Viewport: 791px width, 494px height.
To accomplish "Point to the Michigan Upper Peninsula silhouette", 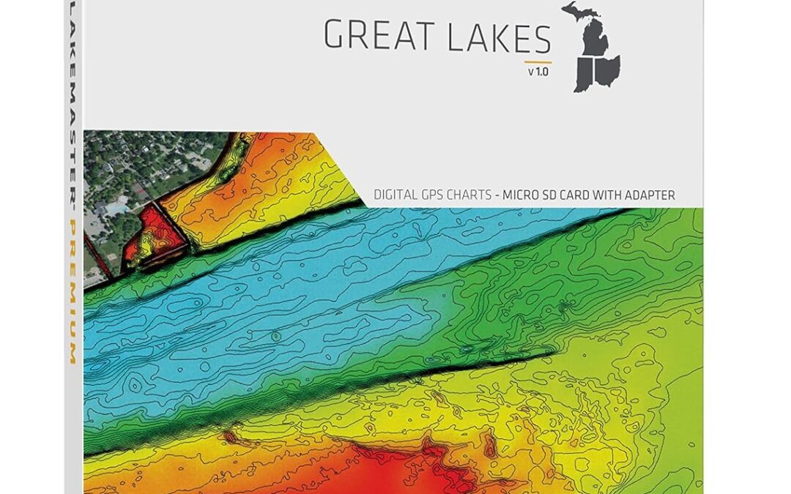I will [579, 11].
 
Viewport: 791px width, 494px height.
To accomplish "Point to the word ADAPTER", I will [649, 195].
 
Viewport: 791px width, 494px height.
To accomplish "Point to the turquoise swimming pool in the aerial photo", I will [116, 208].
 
